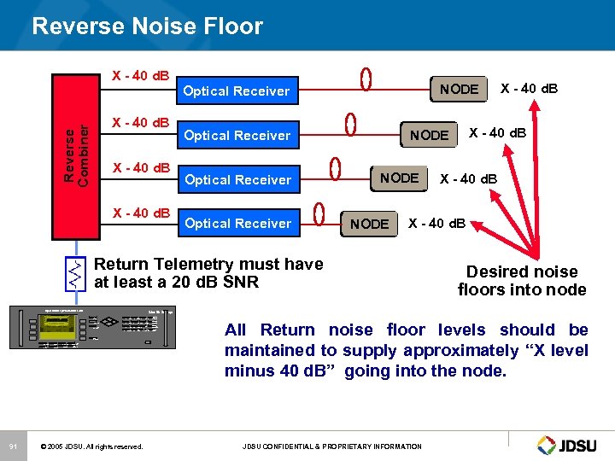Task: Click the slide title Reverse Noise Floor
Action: tap(147, 26)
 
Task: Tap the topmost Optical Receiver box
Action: tap(237, 90)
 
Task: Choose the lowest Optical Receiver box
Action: tap(237, 223)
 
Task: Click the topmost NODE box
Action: tap(459, 89)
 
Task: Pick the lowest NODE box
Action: tap(369, 224)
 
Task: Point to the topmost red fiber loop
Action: tap(366, 79)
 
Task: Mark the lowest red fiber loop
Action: tap(319, 211)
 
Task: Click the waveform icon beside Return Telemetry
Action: tap(76, 272)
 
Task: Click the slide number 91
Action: tap(13, 446)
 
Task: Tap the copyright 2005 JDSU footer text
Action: tap(92, 446)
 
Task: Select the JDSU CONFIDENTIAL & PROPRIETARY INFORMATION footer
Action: tap(331, 446)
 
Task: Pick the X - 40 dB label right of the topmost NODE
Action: tap(529, 88)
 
